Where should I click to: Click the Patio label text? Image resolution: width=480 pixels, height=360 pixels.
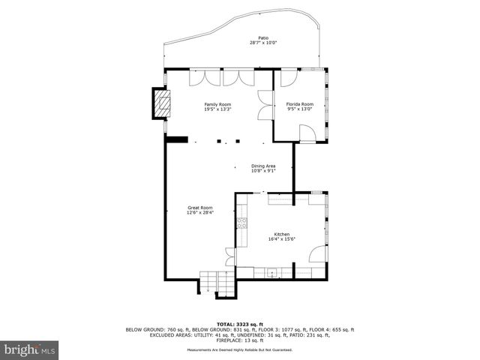tap(263, 37)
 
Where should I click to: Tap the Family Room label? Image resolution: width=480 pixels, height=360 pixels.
tap(217, 104)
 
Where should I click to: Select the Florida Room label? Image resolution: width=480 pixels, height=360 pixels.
tap(299, 104)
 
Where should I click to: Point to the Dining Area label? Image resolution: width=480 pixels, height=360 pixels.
tap(263, 166)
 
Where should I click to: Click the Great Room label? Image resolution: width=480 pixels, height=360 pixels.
tap(200, 208)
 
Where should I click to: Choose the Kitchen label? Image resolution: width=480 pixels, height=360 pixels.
tap(282, 234)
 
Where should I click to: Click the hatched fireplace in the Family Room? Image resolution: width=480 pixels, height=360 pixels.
tap(161, 103)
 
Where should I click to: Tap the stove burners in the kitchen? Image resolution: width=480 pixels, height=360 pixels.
tap(241, 222)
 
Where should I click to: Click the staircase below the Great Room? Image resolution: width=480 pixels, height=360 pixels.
tap(217, 284)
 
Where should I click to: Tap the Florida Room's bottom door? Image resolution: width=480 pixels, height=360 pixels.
tap(307, 133)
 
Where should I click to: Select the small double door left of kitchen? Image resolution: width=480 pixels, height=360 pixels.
tap(230, 256)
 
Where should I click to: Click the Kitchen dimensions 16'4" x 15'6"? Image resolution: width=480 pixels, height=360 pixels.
tap(282, 239)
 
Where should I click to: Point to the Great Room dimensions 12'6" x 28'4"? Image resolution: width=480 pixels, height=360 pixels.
tap(200, 213)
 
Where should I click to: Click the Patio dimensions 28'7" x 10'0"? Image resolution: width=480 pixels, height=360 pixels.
tap(263, 43)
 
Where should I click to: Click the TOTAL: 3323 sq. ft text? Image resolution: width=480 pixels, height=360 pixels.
tap(240, 324)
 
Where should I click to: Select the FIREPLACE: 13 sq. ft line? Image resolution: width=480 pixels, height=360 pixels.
tap(240, 340)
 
